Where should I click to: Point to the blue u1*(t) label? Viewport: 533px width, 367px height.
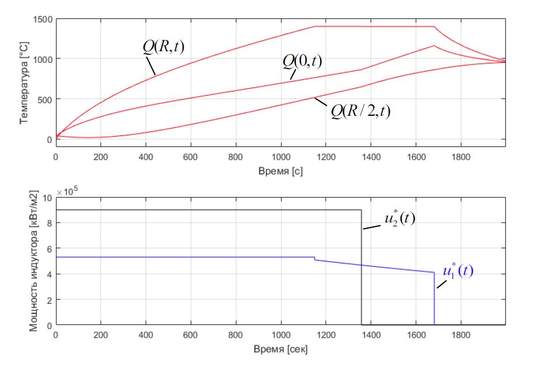coord(457,271)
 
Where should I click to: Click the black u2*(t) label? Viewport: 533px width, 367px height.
coord(398,220)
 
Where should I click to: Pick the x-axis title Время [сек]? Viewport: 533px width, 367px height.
coord(280,350)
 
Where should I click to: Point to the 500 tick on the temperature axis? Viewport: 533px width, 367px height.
coord(44,99)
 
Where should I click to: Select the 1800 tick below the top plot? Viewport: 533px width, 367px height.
coord(460,156)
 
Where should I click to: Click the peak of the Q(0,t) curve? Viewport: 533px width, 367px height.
coord(434,46)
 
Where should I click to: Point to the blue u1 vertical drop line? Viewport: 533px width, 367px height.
coord(434,300)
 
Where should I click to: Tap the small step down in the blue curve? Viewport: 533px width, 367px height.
coord(314,259)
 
